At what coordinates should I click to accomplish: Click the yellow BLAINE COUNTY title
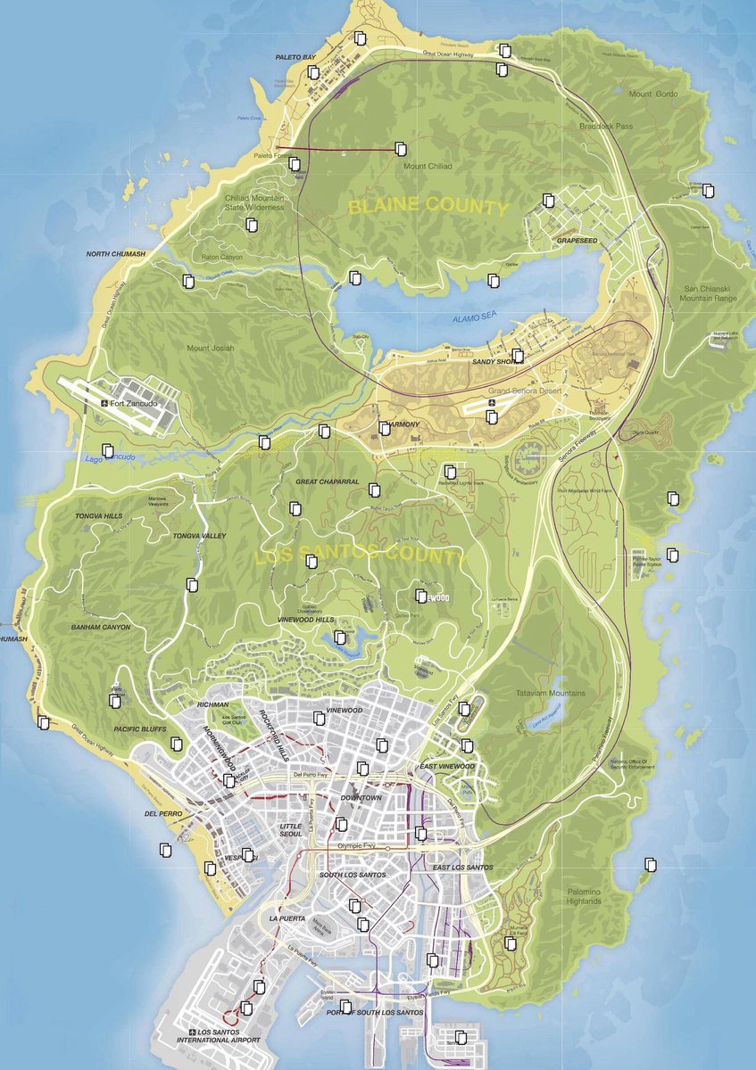click(x=428, y=208)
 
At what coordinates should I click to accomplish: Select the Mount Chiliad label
click(x=428, y=167)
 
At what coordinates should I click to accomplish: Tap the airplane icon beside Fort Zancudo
click(x=105, y=404)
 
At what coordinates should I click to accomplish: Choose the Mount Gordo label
click(x=653, y=95)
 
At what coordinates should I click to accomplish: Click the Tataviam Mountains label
click(x=551, y=693)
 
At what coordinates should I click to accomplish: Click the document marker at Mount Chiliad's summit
click(x=401, y=148)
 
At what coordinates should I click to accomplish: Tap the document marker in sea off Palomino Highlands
click(x=651, y=864)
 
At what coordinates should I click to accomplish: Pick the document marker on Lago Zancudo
click(x=108, y=451)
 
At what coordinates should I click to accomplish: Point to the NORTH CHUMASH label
click(x=115, y=254)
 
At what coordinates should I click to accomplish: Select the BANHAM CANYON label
click(x=101, y=627)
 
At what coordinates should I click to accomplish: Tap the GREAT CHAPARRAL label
click(x=328, y=481)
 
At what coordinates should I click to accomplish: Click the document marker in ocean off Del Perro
click(x=165, y=851)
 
